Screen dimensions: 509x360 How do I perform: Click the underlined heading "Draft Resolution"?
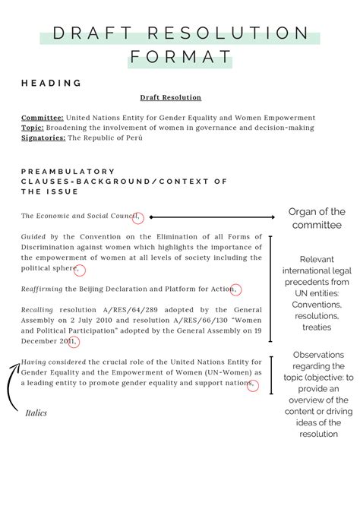click(x=170, y=98)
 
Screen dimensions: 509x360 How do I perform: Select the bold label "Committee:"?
click(x=43, y=119)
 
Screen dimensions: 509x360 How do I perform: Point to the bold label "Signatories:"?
click(x=44, y=138)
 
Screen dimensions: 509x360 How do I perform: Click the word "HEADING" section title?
click(x=52, y=82)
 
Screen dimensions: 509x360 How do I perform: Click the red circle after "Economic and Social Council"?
click(x=137, y=218)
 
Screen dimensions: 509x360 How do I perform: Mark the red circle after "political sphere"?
click(x=81, y=270)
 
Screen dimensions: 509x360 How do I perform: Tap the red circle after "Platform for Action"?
click(x=236, y=289)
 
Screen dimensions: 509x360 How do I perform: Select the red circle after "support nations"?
click(x=253, y=384)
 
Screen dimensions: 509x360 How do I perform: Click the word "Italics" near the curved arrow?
click(x=36, y=413)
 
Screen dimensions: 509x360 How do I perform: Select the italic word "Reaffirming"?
click(x=43, y=289)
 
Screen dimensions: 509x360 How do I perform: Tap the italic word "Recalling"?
click(x=37, y=310)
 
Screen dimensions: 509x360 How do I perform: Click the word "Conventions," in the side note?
click(x=315, y=304)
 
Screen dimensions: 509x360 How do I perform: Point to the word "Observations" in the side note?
click(x=317, y=355)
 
